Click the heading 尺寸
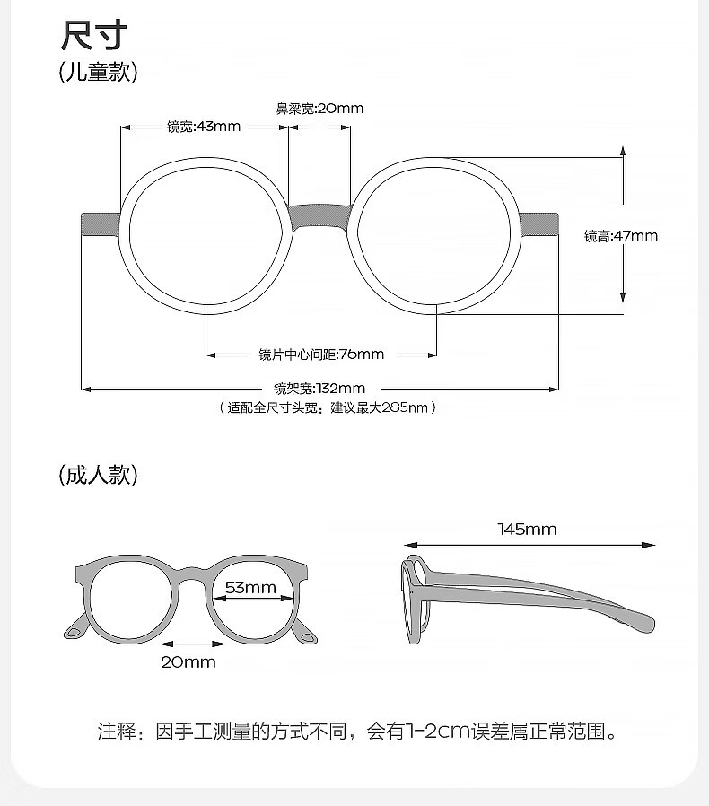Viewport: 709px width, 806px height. click(x=93, y=35)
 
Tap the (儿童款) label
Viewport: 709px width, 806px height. click(x=98, y=72)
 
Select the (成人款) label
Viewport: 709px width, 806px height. click(x=98, y=475)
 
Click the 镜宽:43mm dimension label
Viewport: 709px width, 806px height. click(x=204, y=127)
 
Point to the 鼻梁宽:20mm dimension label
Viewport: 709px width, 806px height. click(x=319, y=109)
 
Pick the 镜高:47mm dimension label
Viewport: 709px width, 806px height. click(x=621, y=236)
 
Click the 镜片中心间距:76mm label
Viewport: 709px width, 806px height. click(x=321, y=355)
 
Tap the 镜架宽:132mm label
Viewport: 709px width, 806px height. click(x=319, y=389)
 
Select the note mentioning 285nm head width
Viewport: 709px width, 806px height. click(x=328, y=407)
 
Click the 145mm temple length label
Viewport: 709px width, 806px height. click(x=527, y=530)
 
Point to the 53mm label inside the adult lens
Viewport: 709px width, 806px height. click(x=249, y=588)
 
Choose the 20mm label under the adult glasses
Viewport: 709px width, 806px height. click(x=188, y=662)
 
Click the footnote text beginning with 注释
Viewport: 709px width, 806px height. click(x=358, y=732)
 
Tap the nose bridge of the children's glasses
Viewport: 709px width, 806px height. click(x=319, y=216)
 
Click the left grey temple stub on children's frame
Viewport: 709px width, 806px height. click(x=101, y=223)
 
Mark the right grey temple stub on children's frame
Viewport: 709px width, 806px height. click(x=540, y=223)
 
